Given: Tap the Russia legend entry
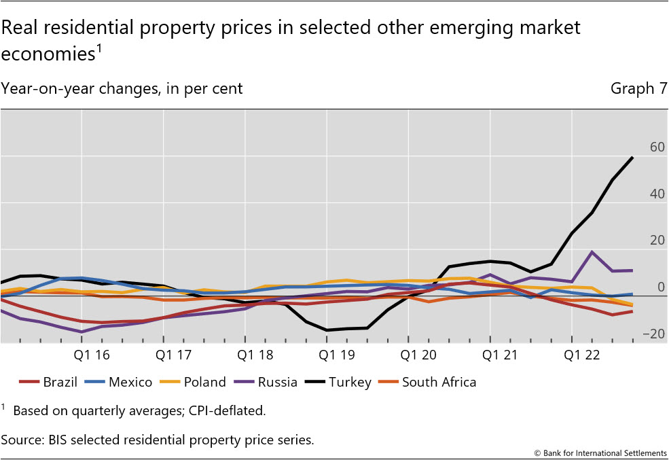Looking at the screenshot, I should [277, 382].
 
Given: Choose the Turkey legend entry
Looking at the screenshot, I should [349, 382].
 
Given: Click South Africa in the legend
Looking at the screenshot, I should [439, 382].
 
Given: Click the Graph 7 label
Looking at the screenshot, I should [638, 88].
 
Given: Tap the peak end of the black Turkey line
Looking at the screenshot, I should [633, 158].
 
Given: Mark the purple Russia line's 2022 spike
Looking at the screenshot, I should [592, 252].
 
